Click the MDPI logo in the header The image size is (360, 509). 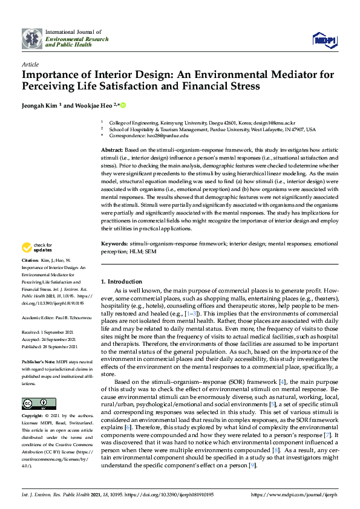[324, 39]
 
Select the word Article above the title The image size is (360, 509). [30, 64]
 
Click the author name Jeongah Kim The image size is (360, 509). [41, 105]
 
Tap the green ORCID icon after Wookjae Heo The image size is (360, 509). [123, 105]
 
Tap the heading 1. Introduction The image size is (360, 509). [122, 282]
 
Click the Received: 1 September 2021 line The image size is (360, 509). [51, 332]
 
